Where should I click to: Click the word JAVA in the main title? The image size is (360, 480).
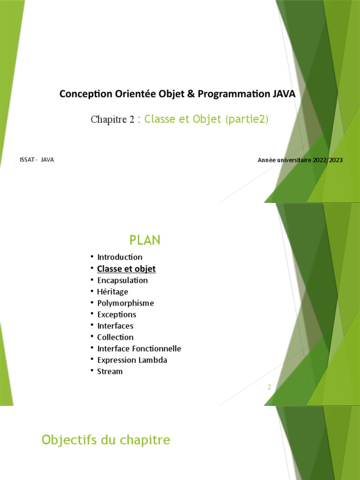(284, 94)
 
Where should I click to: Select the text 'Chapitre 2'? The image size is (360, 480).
(112, 120)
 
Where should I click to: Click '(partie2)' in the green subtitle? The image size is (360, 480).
(247, 119)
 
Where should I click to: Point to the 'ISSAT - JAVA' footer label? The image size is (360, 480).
(37, 160)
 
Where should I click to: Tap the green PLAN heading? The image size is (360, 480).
(145, 240)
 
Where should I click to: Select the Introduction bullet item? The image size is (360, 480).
(120, 257)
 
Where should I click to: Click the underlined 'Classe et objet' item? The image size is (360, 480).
(126, 269)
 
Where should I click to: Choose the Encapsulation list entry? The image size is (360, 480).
(122, 280)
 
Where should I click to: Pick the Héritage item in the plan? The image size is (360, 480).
(112, 292)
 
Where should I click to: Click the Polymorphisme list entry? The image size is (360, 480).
(125, 303)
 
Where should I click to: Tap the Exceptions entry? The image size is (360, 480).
(117, 315)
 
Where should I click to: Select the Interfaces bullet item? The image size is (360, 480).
(115, 326)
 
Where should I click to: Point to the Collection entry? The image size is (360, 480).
(115, 337)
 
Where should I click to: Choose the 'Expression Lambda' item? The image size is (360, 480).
(132, 360)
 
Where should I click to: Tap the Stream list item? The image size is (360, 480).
(110, 372)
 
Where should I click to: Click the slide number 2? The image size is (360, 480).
(270, 387)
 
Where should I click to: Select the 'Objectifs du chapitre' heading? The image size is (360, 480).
(106, 440)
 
